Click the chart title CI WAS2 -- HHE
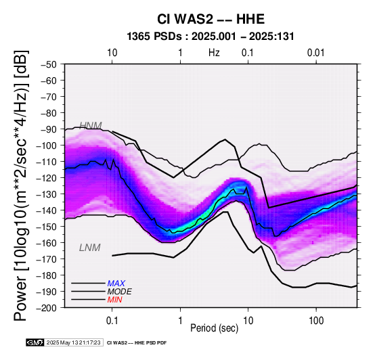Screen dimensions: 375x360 211,19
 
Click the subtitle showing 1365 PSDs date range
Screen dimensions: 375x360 211,37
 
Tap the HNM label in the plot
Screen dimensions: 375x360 91,125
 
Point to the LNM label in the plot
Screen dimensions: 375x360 89,248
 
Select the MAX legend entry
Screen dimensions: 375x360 116,284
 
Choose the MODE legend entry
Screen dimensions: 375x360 119,292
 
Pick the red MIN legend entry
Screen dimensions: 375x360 114,300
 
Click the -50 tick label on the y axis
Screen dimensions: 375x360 49,64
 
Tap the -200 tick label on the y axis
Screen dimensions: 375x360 47,308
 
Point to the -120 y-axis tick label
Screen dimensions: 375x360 47,178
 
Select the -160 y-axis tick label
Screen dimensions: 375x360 47,243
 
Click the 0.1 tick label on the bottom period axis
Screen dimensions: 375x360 112,321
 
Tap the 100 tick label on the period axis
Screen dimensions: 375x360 316,321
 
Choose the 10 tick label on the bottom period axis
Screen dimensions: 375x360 248,321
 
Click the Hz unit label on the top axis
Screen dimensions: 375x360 214,53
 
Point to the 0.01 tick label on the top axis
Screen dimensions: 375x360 316,53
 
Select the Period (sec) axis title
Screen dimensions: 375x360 215,328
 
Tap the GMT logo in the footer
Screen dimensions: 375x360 35,342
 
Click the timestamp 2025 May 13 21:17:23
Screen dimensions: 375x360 74,342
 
